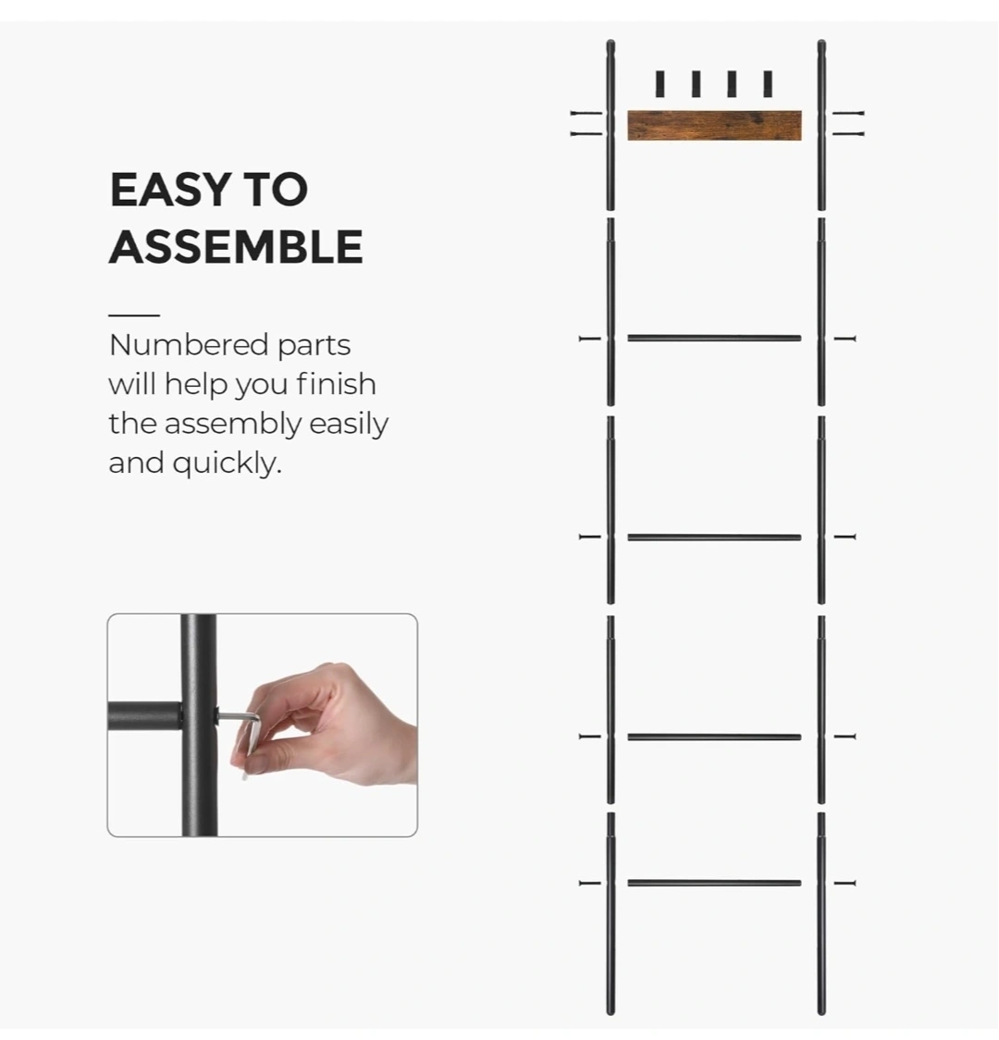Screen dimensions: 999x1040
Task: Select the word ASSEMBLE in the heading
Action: [236, 247]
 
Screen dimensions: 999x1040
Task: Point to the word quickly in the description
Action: [228, 463]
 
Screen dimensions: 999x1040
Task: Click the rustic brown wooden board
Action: [715, 125]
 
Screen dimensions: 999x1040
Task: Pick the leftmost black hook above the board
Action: [660, 84]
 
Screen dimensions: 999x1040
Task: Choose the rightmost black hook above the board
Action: [768, 84]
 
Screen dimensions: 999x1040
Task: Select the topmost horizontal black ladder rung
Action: [715, 339]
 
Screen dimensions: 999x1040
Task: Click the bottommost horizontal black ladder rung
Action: [715, 883]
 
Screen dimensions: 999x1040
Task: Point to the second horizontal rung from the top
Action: [715, 538]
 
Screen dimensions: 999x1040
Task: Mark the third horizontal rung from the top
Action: [715, 737]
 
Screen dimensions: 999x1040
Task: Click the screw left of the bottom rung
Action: [590, 883]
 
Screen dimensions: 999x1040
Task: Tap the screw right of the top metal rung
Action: [845, 339]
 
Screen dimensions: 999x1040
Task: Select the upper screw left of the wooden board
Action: [586, 114]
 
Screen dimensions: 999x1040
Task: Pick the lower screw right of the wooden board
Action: [848, 134]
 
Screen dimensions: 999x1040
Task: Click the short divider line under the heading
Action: [134, 315]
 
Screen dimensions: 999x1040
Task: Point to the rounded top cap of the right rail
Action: [821, 45]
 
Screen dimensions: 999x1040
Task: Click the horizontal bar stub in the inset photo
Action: [144, 716]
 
